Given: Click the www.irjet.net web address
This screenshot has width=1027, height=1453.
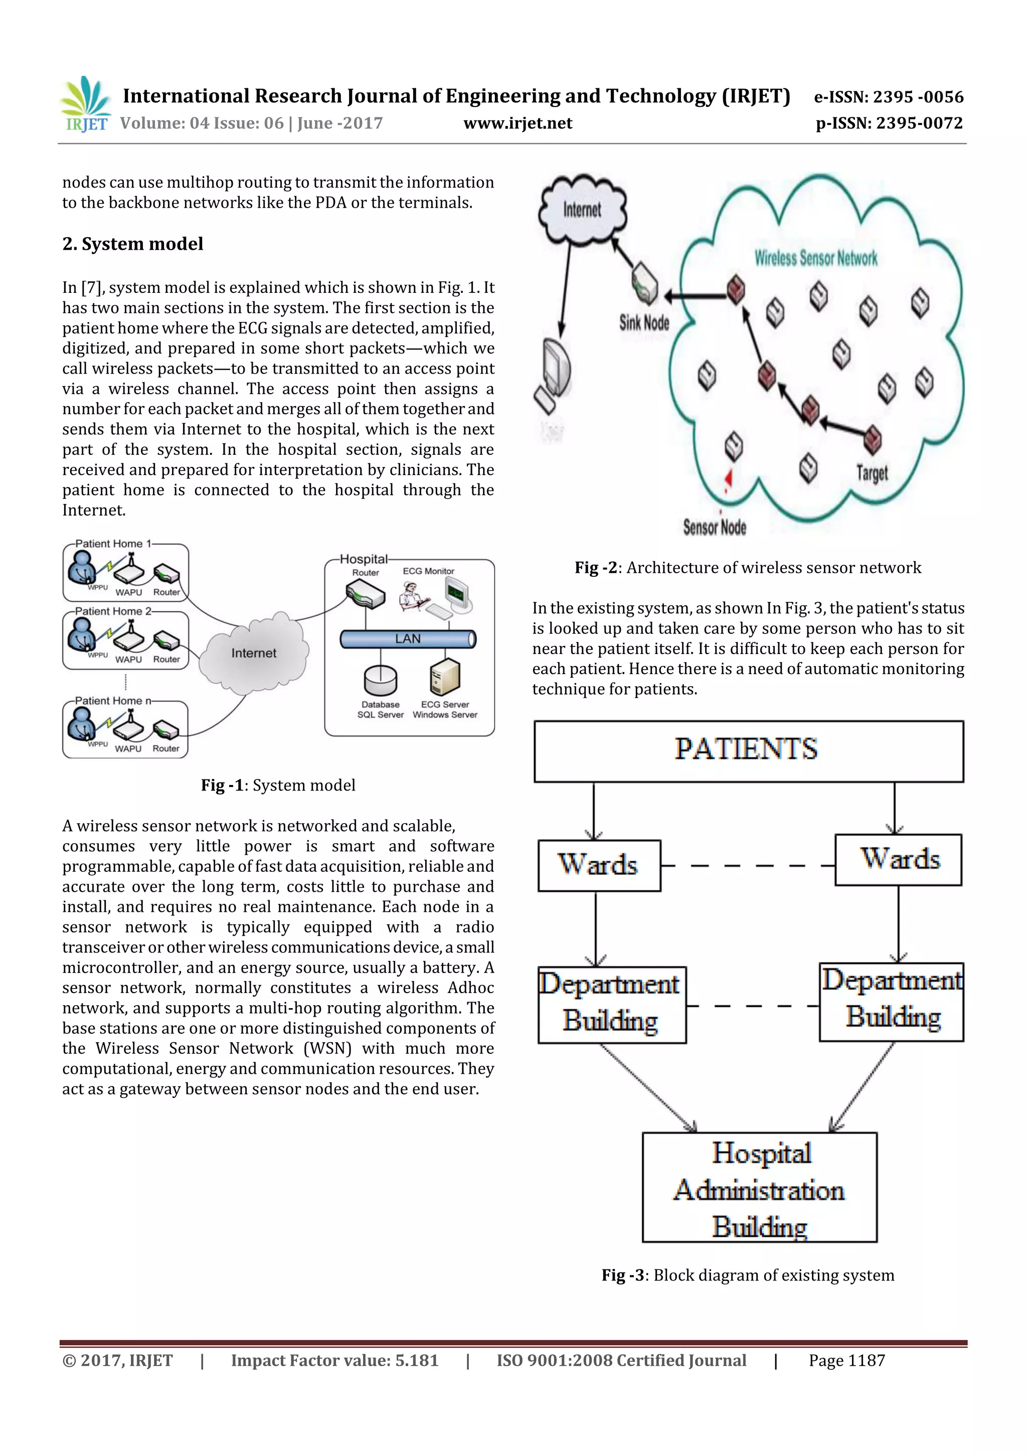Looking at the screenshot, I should point(518,123).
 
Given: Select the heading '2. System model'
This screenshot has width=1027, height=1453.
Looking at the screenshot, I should point(133,244).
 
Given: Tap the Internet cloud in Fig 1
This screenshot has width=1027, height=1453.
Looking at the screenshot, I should point(254,653).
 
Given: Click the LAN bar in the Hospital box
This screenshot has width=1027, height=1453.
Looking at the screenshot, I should point(408,638).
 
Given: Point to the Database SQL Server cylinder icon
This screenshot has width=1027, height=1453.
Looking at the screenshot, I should point(380,680).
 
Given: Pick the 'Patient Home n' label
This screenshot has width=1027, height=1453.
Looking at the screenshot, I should point(113,701).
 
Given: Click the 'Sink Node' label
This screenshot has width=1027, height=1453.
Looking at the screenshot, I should point(644,322).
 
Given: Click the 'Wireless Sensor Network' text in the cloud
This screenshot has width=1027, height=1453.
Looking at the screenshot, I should point(816,258).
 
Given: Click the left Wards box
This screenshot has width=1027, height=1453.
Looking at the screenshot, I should point(599,865).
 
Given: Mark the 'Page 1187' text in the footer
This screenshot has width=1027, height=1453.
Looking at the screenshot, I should point(846,1360).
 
